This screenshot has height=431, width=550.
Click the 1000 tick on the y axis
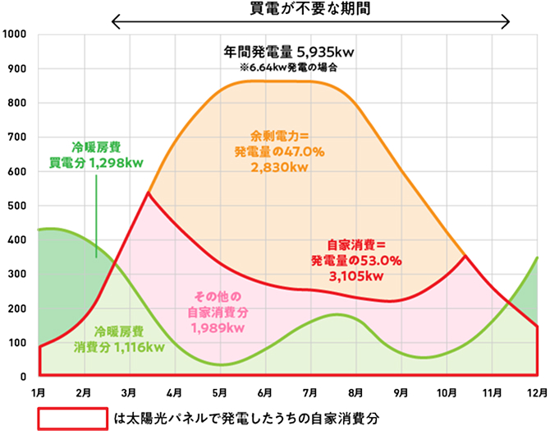click(15, 35)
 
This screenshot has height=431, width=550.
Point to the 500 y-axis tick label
click(17, 206)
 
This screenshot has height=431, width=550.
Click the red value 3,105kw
click(355, 276)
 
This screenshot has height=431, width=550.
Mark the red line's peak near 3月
click(148, 193)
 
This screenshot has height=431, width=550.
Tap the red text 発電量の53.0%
click(355, 261)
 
